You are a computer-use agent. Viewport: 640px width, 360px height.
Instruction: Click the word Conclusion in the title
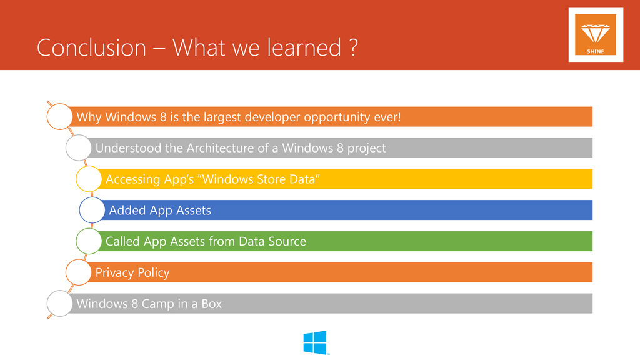point(91,47)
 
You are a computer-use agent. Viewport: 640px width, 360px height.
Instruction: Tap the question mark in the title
point(354,47)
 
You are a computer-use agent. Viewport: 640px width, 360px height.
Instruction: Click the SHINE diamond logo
point(596,35)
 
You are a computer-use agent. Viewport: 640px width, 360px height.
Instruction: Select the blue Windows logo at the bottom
point(315,342)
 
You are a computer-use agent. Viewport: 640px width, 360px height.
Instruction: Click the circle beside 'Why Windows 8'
point(47,117)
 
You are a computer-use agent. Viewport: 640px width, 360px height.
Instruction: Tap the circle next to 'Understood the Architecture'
point(66,147)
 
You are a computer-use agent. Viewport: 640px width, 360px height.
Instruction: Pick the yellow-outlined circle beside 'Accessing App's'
point(76,179)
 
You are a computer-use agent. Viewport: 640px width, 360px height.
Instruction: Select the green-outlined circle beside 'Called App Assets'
point(76,241)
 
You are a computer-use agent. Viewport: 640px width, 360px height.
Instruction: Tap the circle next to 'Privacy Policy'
point(66,272)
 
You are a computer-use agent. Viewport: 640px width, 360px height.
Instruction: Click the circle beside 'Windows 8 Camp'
point(47,303)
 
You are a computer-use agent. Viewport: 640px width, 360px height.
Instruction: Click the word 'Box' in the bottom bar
point(211,304)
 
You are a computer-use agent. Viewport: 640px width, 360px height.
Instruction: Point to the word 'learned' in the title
point(304,47)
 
